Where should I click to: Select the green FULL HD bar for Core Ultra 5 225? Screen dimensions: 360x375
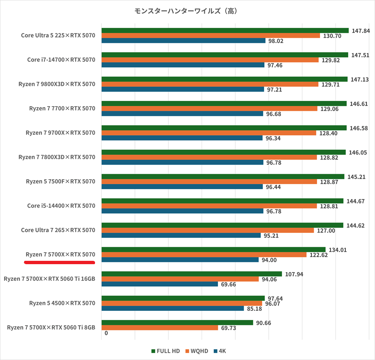(x=225, y=30)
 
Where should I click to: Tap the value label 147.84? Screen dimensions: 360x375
(x=360, y=30)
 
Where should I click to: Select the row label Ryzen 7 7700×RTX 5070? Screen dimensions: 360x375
(x=62, y=108)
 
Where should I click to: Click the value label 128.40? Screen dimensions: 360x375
(x=327, y=133)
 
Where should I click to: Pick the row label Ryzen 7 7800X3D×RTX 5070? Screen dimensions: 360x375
(x=57, y=157)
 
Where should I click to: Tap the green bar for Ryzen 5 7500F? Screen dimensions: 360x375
(x=223, y=177)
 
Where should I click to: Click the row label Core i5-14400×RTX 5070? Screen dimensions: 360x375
(x=61, y=206)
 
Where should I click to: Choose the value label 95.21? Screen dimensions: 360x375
(x=271, y=236)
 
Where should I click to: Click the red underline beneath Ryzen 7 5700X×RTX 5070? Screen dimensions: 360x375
(x=60, y=262)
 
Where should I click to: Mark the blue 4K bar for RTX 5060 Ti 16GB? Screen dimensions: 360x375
(x=160, y=284)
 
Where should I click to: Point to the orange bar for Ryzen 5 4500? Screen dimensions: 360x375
(x=182, y=303)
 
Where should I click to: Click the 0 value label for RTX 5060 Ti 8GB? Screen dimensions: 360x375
(x=106, y=333)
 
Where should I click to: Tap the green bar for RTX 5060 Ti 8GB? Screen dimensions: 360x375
(x=177, y=322)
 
